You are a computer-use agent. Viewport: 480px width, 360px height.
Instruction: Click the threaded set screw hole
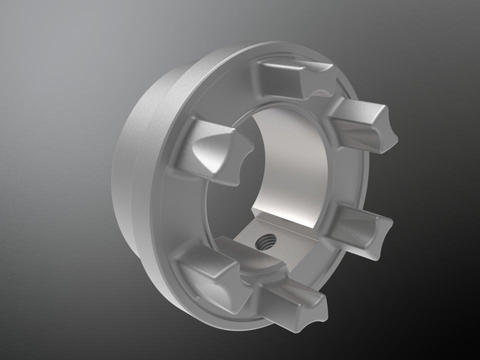pos(263,243)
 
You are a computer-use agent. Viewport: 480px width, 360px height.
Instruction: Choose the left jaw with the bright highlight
pos(210,150)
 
